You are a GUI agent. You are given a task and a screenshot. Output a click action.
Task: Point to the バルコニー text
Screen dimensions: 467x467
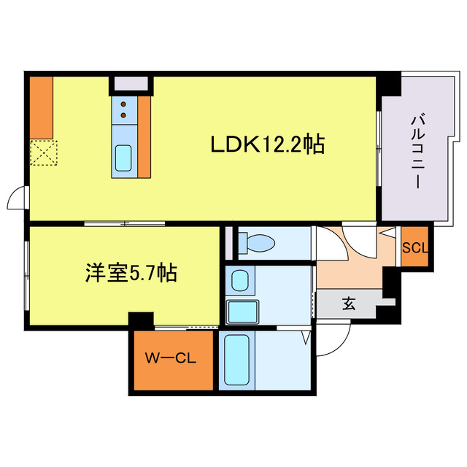point(417,152)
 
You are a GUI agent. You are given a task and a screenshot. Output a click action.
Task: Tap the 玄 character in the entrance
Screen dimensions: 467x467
point(349,304)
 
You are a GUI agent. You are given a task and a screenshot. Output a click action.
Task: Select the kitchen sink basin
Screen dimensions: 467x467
point(123,158)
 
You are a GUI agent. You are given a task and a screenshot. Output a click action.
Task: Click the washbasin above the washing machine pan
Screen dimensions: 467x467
point(239,279)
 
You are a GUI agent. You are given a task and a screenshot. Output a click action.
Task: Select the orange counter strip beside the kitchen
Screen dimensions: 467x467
point(144,136)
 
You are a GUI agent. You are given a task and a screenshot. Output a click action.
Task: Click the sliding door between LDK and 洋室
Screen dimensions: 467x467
point(124,223)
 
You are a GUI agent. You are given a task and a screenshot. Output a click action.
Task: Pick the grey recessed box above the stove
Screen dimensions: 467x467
point(131,82)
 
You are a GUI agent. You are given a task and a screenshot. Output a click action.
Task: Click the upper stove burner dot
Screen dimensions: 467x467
point(123,104)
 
